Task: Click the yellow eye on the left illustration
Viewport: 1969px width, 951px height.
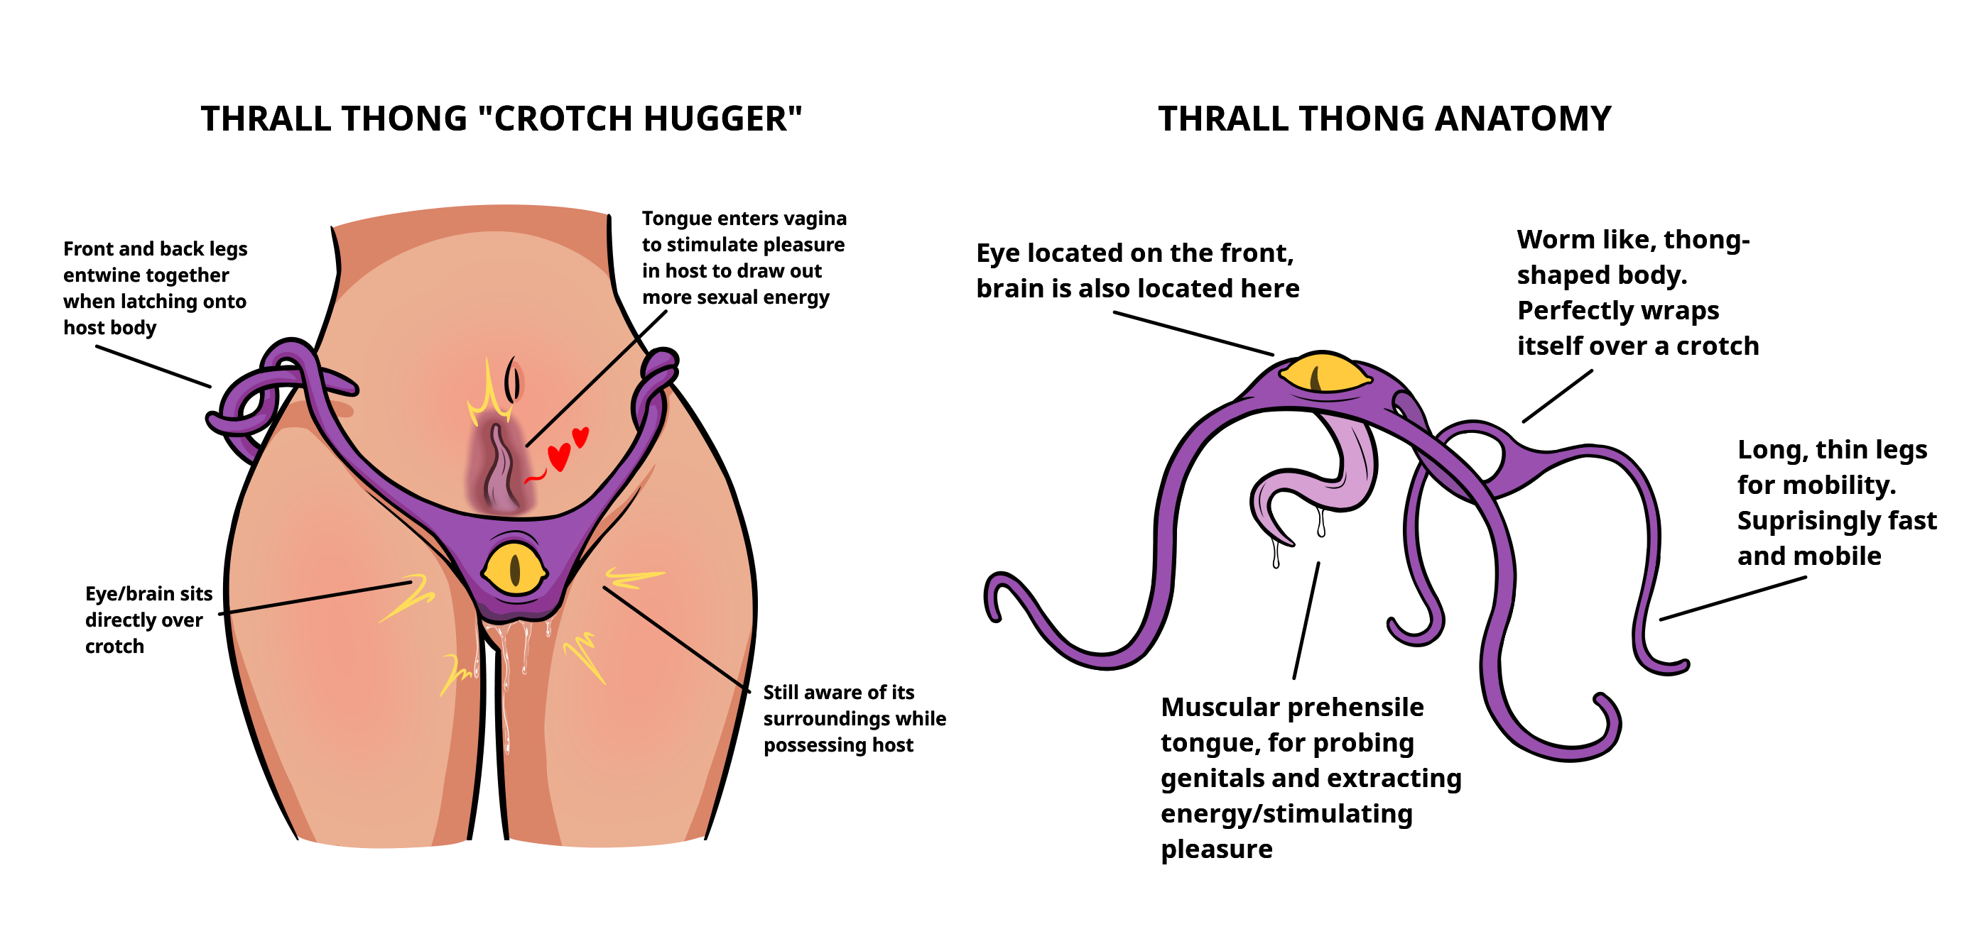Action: coord(514,568)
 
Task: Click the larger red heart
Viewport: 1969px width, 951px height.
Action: coord(559,456)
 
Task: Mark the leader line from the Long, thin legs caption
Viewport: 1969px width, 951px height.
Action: coord(1734,598)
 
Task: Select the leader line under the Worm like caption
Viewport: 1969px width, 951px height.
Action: coord(1558,396)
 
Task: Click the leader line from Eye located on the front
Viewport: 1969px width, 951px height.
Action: coord(1193,333)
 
